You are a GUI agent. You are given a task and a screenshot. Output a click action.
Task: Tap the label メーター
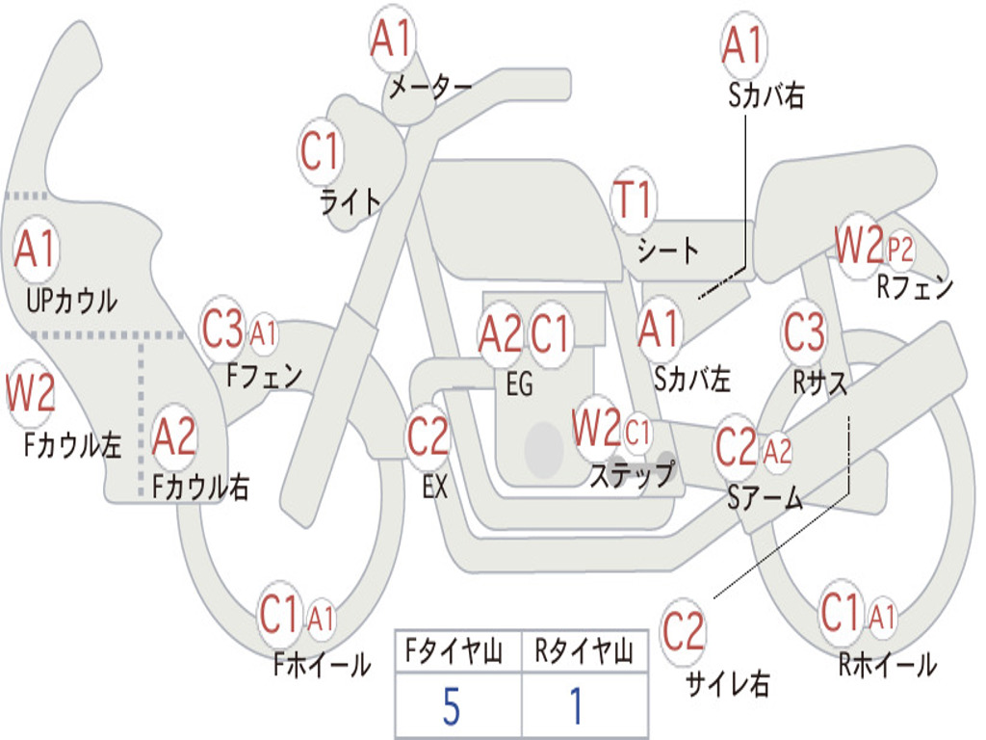pos(430,87)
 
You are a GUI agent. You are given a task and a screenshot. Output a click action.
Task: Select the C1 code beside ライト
pos(320,151)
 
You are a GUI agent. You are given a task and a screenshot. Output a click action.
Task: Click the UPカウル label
pos(71,302)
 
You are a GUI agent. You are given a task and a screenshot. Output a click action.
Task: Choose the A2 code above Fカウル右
pos(174,436)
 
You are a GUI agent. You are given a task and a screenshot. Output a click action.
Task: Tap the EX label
pos(435,487)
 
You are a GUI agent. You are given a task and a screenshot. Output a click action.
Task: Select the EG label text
pos(519,383)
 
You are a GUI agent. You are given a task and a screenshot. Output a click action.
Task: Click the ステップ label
pos(632,474)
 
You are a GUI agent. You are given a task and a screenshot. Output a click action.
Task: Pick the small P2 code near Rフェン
pos(900,250)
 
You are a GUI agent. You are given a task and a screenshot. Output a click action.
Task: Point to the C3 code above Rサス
pos(804,331)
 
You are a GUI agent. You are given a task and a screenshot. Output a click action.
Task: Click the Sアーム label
pos(765,498)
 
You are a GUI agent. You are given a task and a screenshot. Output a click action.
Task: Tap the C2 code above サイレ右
pos(683,631)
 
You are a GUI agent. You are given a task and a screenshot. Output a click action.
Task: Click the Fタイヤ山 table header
pos(454,651)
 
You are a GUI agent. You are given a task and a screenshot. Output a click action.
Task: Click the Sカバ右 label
pos(765,95)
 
